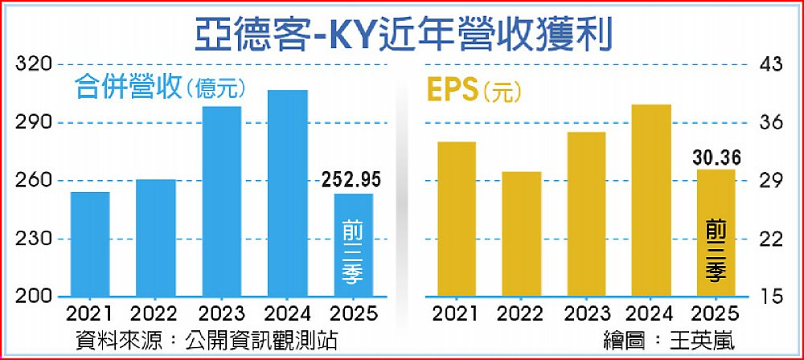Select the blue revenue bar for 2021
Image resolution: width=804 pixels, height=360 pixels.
click(90, 245)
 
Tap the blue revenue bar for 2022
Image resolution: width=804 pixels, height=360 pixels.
click(156, 239)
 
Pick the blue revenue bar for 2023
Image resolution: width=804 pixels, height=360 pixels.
click(222, 202)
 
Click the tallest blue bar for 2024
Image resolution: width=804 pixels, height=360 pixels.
click(288, 194)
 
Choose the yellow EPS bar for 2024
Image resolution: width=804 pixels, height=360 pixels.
click(651, 201)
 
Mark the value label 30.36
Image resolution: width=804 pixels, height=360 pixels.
click(716, 157)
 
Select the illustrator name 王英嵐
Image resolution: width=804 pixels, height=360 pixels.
click(699, 340)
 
